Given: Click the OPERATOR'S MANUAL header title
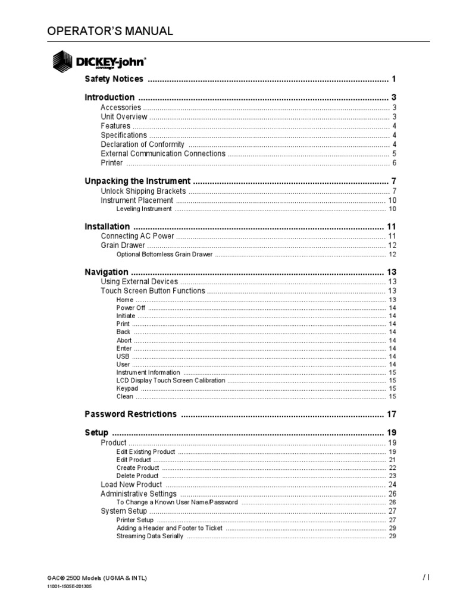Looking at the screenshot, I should click(x=110, y=31).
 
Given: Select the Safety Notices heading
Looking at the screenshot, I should click(x=114, y=79).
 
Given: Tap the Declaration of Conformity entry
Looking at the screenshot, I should click(x=142, y=145).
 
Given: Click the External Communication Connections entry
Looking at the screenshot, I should click(x=163, y=153).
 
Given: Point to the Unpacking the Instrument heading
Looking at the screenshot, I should click(x=137, y=181).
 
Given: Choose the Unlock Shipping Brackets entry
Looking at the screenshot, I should click(x=143, y=191).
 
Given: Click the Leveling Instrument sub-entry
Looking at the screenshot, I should click(x=144, y=209).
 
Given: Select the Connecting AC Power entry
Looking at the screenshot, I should click(x=137, y=236).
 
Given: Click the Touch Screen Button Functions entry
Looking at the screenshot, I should click(x=153, y=291).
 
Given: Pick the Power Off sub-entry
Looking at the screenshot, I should click(x=131, y=308).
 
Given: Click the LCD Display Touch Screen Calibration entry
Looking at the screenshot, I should click(x=171, y=380).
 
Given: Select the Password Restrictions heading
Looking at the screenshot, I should click(x=130, y=414).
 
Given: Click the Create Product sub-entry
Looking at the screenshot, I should click(x=137, y=467).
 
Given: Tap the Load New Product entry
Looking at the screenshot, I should click(x=132, y=485).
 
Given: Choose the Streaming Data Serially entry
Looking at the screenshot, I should click(x=150, y=536).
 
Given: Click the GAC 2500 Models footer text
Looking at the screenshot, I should click(x=97, y=578).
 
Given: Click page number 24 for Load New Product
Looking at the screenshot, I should click(x=392, y=485).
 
